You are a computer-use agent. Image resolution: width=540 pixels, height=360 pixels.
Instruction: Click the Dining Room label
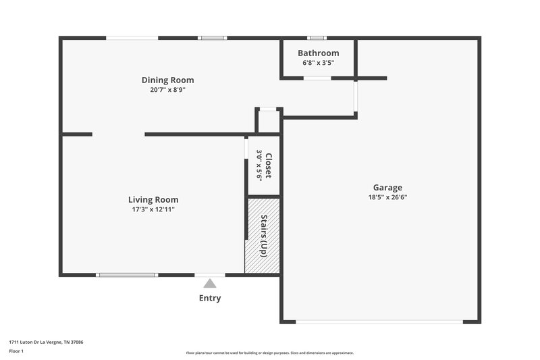coord(167,80)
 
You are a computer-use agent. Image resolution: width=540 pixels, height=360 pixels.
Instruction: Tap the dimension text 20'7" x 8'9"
coord(167,89)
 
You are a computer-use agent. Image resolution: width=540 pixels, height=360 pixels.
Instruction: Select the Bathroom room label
coord(319,53)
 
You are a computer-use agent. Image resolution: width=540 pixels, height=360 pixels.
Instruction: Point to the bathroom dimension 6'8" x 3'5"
coord(319,63)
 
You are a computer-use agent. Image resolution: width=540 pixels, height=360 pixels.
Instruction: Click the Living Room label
coord(153,199)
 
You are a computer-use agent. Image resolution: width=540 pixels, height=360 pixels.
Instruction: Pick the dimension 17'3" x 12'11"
coord(153,209)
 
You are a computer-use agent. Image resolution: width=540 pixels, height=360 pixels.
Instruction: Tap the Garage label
coord(387,187)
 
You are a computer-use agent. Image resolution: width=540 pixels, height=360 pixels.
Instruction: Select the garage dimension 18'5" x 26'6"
coord(387,197)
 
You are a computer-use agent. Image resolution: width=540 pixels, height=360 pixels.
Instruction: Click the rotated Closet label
coord(268,165)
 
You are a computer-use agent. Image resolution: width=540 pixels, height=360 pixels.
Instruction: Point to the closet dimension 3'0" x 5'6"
coord(259,165)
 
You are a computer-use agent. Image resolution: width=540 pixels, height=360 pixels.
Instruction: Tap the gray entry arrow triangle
coord(210,284)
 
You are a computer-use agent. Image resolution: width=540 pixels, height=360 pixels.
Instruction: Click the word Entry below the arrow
coord(210,298)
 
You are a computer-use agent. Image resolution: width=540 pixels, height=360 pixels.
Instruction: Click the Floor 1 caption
coord(16,352)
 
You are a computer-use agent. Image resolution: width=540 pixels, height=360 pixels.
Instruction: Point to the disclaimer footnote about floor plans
coord(269,353)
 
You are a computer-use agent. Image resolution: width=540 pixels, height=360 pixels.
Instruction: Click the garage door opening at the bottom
coord(379,322)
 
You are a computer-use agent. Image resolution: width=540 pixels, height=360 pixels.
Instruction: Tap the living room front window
coord(127,275)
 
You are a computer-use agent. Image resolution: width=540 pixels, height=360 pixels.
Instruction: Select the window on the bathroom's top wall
coord(317,38)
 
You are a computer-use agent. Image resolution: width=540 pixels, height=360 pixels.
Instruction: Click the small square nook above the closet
coord(268,122)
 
